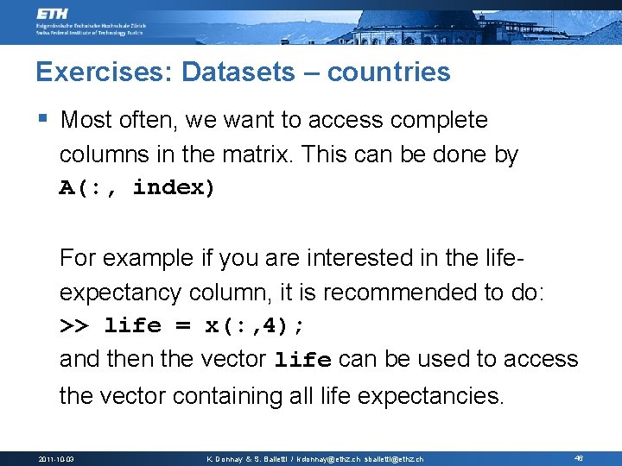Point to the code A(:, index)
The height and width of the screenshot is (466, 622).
click(x=136, y=188)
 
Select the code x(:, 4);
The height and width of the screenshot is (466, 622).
click(x=255, y=326)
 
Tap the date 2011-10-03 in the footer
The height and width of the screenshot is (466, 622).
click(x=57, y=458)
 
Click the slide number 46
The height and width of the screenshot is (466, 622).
click(x=578, y=458)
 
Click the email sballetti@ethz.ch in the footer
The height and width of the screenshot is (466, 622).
click(x=394, y=458)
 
